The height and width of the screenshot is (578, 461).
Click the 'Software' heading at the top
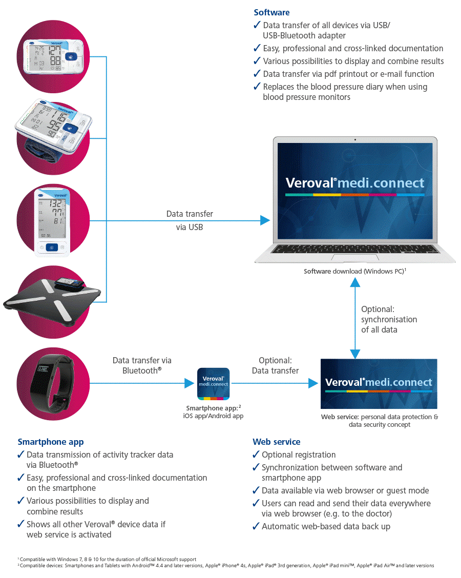(x=271, y=12)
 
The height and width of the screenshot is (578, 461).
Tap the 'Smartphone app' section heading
(x=50, y=442)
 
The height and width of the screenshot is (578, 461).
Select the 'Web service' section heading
(x=276, y=442)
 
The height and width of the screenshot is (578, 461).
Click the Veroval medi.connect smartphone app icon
(x=214, y=384)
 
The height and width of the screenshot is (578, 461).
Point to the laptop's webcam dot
(x=354, y=139)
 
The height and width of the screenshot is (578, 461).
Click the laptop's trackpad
(x=354, y=257)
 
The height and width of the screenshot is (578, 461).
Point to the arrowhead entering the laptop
(x=264, y=220)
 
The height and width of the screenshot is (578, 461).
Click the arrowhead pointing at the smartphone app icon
(x=187, y=382)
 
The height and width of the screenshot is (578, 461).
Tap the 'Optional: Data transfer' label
(x=275, y=365)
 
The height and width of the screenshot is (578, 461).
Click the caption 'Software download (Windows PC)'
(x=354, y=271)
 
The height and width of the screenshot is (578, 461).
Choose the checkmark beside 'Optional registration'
(x=256, y=455)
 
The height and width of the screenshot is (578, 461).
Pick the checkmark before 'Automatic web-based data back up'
(x=256, y=526)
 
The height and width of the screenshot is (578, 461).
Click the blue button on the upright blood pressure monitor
(x=51, y=247)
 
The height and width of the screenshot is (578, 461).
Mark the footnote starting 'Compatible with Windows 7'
(x=108, y=559)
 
